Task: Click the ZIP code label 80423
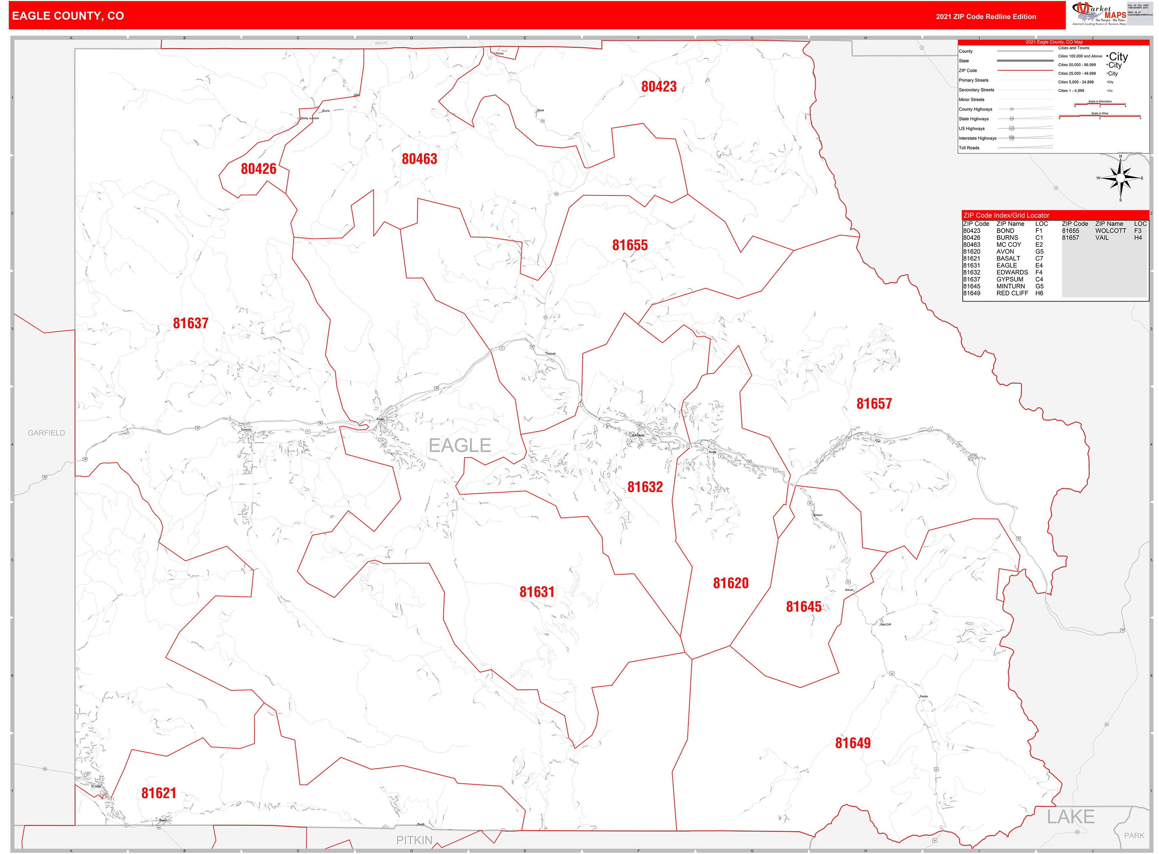[658, 87]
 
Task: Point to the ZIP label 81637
[190, 324]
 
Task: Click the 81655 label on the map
[629, 246]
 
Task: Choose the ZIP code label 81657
[874, 404]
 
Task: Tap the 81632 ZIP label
[645, 487]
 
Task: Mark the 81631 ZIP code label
[537, 593]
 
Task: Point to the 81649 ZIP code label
[853, 743]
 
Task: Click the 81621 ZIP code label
[158, 794]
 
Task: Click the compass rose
[1120, 178]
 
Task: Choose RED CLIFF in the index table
[1012, 293]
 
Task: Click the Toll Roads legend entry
[969, 148]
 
